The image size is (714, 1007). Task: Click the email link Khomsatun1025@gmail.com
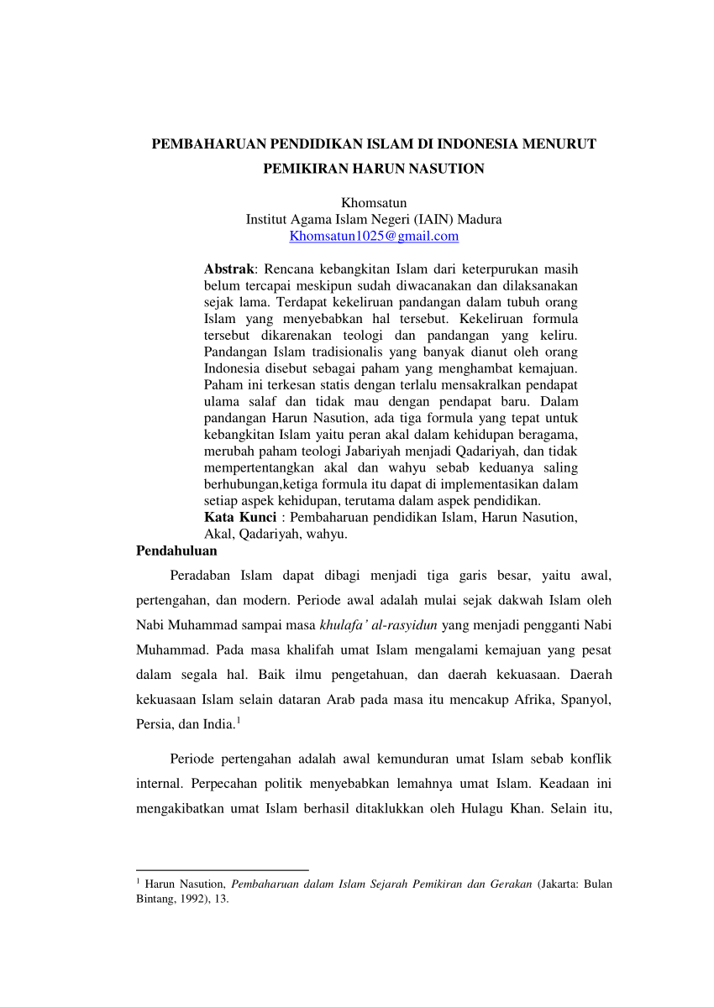tap(374, 236)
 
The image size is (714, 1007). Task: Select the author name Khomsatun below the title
tap(374, 202)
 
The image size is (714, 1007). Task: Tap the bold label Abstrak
tap(229, 269)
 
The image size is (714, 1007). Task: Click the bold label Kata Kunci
tap(240, 517)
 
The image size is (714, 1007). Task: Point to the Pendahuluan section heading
tap(176, 551)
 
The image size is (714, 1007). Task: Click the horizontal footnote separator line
tap(222, 870)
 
